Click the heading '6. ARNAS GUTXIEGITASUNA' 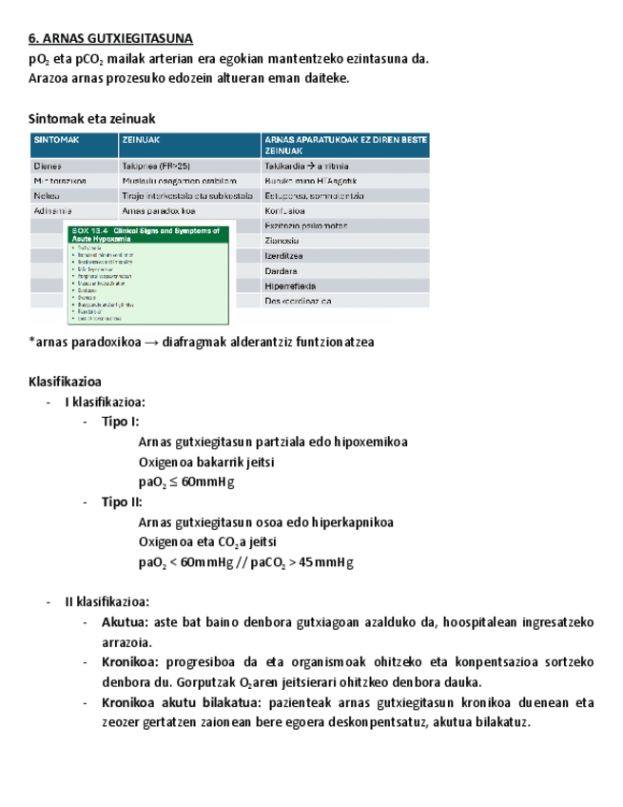click(x=110, y=39)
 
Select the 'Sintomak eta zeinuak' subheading click(x=91, y=119)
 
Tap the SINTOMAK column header click(x=56, y=140)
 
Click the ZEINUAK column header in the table click(x=141, y=140)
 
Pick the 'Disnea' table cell click(x=48, y=166)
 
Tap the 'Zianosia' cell click(x=282, y=241)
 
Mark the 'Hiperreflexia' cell click(x=290, y=285)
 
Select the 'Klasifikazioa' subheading click(x=71, y=381)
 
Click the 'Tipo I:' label click(x=121, y=422)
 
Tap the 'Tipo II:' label click(x=123, y=502)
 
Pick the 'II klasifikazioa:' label click(x=107, y=601)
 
